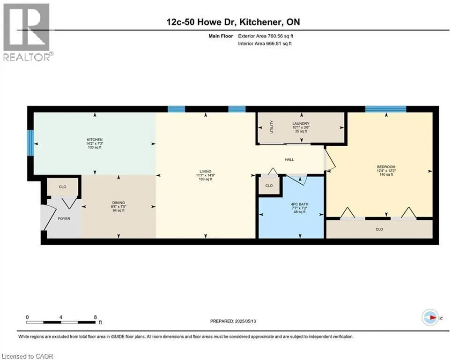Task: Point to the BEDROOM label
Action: pyautogui.click(x=386, y=167)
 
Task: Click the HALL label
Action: pyautogui.click(x=289, y=160)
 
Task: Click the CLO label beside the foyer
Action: pyautogui.click(x=63, y=187)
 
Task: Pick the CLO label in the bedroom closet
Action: pyautogui.click(x=379, y=229)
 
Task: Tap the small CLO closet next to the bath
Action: pyautogui.click(x=269, y=186)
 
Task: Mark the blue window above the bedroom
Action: pyautogui.click(x=385, y=109)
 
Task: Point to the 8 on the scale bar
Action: pyautogui.click(x=96, y=317)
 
